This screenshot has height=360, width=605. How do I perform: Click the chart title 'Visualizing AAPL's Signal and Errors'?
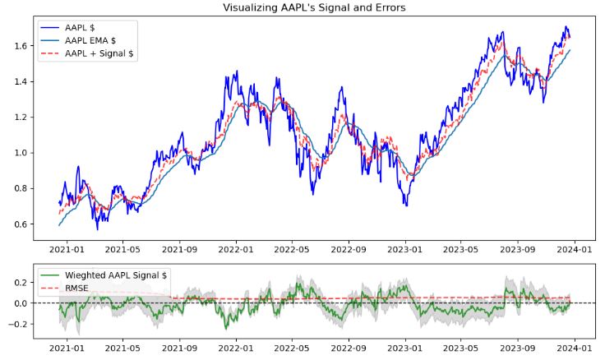tap(313, 7)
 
